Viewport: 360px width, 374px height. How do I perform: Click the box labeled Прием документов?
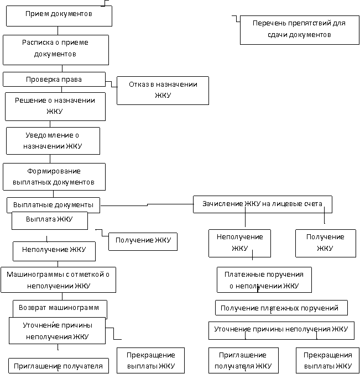pyautogui.click(x=59, y=16)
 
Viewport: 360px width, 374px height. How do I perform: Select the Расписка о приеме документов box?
pyautogui.click(x=56, y=50)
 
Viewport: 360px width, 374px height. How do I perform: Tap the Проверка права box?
pyautogui.click(x=54, y=79)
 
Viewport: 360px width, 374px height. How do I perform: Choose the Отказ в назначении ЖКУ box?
pyautogui.click(x=163, y=91)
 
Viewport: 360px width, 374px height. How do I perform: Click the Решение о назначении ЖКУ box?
pyautogui.click(x=55, y=107)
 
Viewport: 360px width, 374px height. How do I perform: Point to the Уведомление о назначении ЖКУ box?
pyautogui.click(x=53, y=141)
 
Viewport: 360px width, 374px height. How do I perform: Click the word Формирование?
pyautogui.click(x=54, y=171)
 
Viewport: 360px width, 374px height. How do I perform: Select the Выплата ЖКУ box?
pyautogui.click(x=50, y=220)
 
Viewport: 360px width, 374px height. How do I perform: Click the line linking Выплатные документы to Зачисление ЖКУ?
pyautogui.click(x=147, y=205)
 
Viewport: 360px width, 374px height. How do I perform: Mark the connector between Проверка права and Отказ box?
pyautogui.click(x=111, y=84)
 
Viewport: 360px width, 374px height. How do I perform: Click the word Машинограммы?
pyautogui.click(x=35, y=275)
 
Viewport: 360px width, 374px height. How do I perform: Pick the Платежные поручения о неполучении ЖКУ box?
pyautogui.click(x=264, y=280)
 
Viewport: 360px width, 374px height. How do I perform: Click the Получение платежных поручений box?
pyautogui.click(x=281, y=308)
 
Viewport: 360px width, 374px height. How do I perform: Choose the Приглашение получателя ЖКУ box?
pyautogui.click(x=243, y=360)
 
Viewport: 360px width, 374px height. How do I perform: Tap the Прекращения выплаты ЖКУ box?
pyautogui.click(x=327, y=360)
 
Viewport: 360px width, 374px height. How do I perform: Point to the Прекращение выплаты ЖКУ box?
pyautogui.click(x=150, y=360)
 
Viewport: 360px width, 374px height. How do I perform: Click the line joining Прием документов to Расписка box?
pyautogui.click(x=58, y=31)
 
